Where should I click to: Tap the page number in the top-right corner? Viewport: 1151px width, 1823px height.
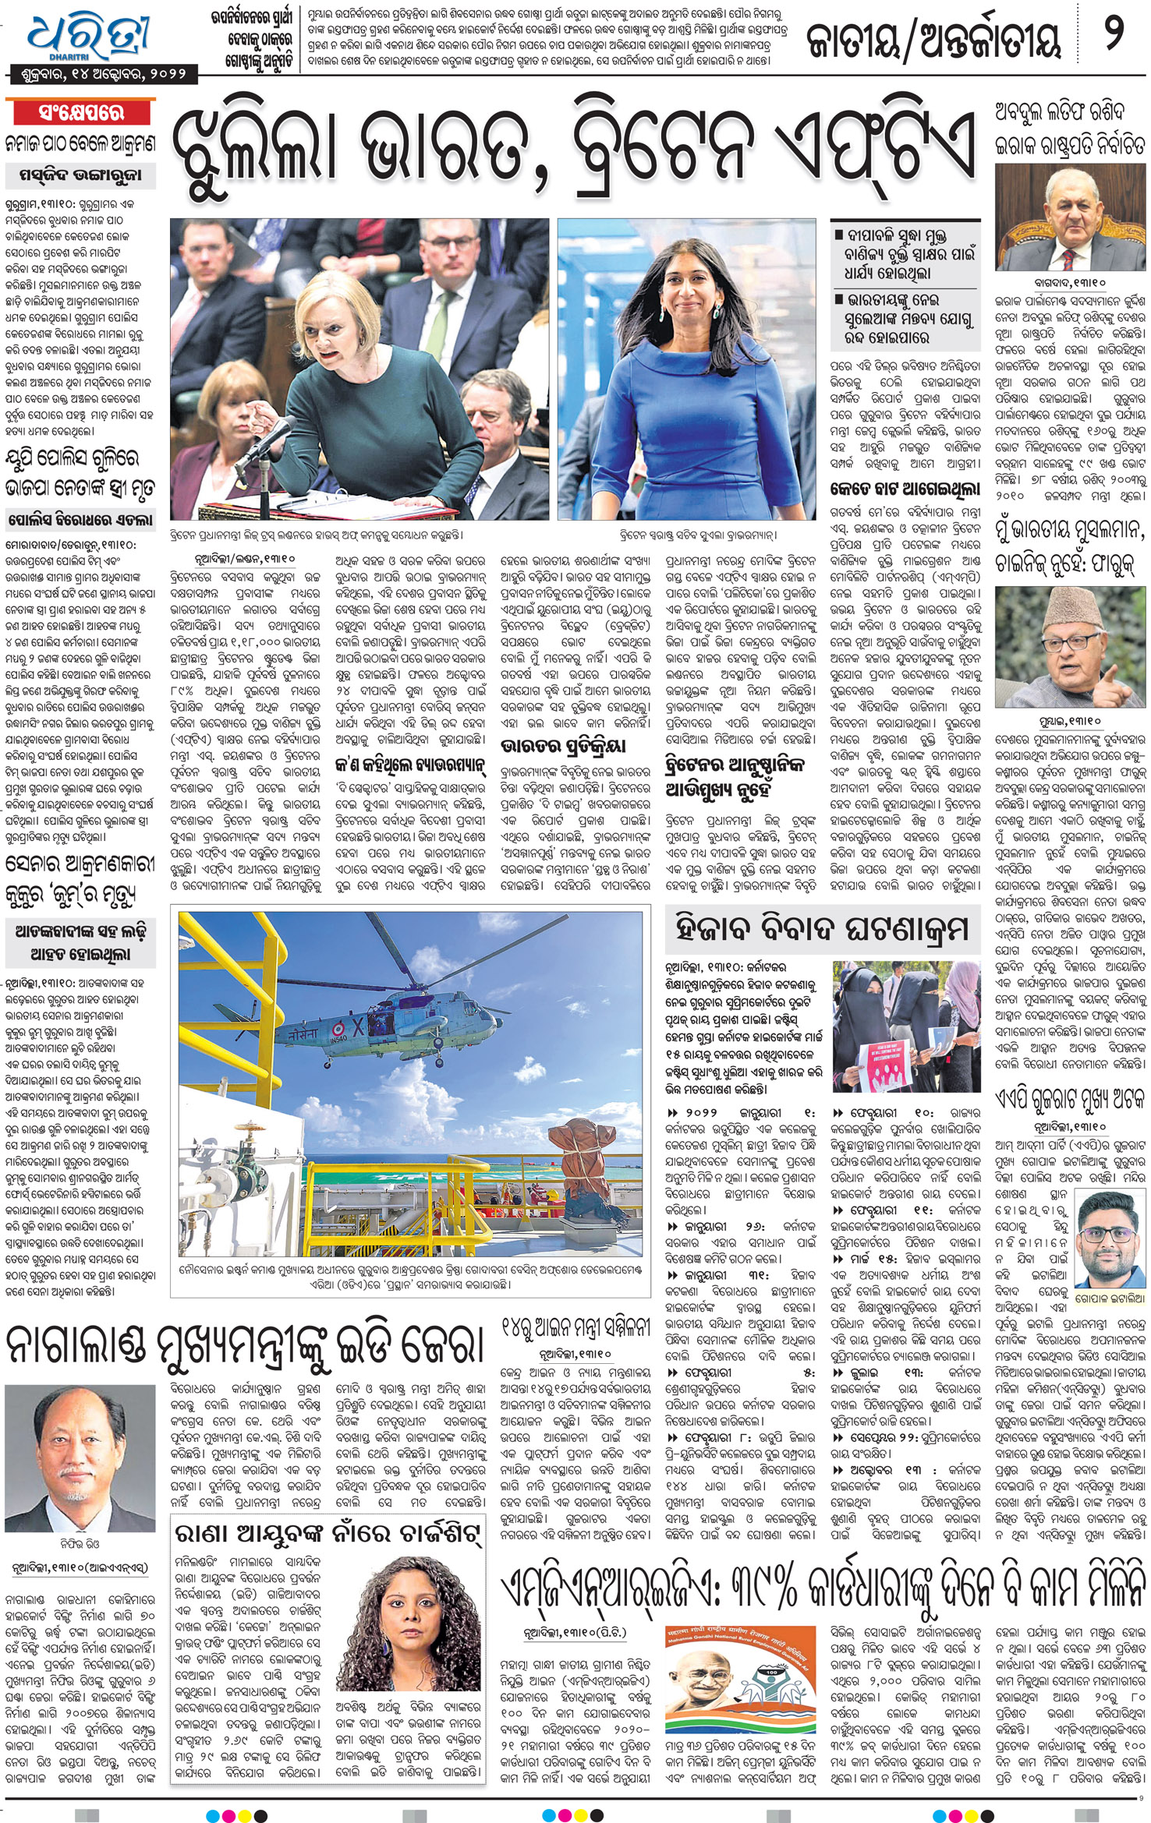(1114, 37)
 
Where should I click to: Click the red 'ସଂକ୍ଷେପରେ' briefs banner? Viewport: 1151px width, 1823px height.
(81, 113)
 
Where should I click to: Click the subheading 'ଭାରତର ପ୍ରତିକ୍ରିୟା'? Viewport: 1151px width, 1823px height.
(563, 746)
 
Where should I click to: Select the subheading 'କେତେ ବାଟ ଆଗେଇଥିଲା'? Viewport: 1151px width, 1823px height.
(905, 490)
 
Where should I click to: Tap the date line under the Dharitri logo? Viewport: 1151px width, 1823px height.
(100, 75)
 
